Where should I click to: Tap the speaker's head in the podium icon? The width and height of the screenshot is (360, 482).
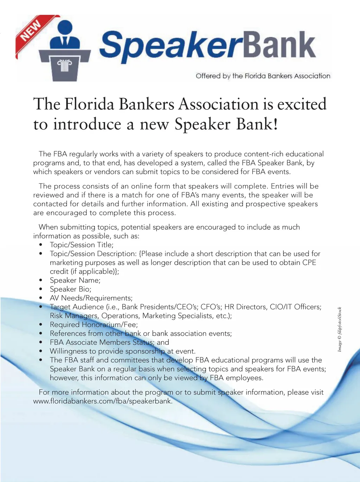click(x=65, y=28)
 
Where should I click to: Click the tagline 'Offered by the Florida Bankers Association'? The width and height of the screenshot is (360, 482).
click(x=263, y=76)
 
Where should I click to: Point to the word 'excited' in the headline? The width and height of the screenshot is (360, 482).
click(x=302, y=104)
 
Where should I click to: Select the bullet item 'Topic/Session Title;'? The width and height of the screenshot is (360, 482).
click(x=82, y=245)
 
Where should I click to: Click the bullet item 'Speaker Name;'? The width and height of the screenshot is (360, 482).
click(x=75, y=280)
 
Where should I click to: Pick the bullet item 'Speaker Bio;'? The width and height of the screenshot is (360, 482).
click(x=70, y=289)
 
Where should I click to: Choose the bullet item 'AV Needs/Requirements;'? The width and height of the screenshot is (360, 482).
click(x=91, y=298)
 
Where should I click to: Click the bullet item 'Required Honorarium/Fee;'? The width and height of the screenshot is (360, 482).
click(x=94, y=325)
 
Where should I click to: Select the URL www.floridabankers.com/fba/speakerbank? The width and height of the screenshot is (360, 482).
click(x=103, y=401)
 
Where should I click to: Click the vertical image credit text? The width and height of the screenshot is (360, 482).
click(x=340, y=329)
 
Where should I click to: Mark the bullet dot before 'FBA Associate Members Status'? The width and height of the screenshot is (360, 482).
click(x=41, y=342)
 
